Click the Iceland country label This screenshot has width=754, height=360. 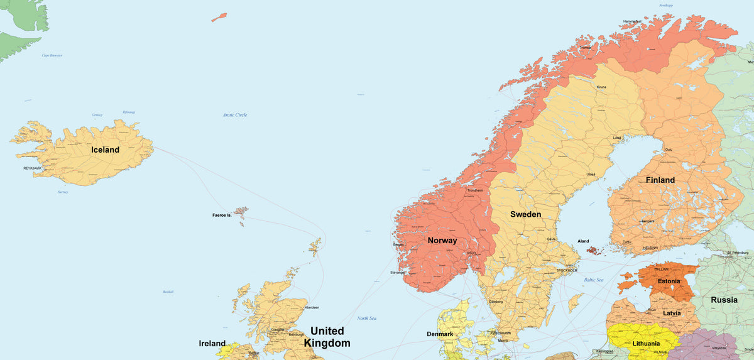[x=105, y=150]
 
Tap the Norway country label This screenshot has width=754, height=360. [x=442, y=241]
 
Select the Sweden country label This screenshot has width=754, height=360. [x=525, y=214]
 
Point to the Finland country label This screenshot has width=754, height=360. [x=660, y=180]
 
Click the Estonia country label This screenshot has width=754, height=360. [x=669, y=281]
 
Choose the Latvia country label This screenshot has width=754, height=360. [x=672, y=313]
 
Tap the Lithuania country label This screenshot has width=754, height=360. [x=646, y=344]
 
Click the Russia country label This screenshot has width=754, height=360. [x=724, y=300]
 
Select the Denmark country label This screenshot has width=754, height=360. [x=440, y=334]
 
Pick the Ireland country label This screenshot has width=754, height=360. [x=212, y=344]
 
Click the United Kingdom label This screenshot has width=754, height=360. [x=327, y=337]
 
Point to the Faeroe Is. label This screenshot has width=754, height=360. [x=222, y=215]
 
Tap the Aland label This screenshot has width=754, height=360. [x=584, y=241]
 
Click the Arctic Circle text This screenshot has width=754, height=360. [x=235, y=115]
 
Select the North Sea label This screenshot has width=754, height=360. [x=367, y=319]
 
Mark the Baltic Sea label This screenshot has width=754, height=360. [x=594, y=280]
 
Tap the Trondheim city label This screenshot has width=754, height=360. [x=476, y=190]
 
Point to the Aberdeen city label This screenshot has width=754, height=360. [x=312, y=307]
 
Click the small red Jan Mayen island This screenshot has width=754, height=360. [x=219, y=17]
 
